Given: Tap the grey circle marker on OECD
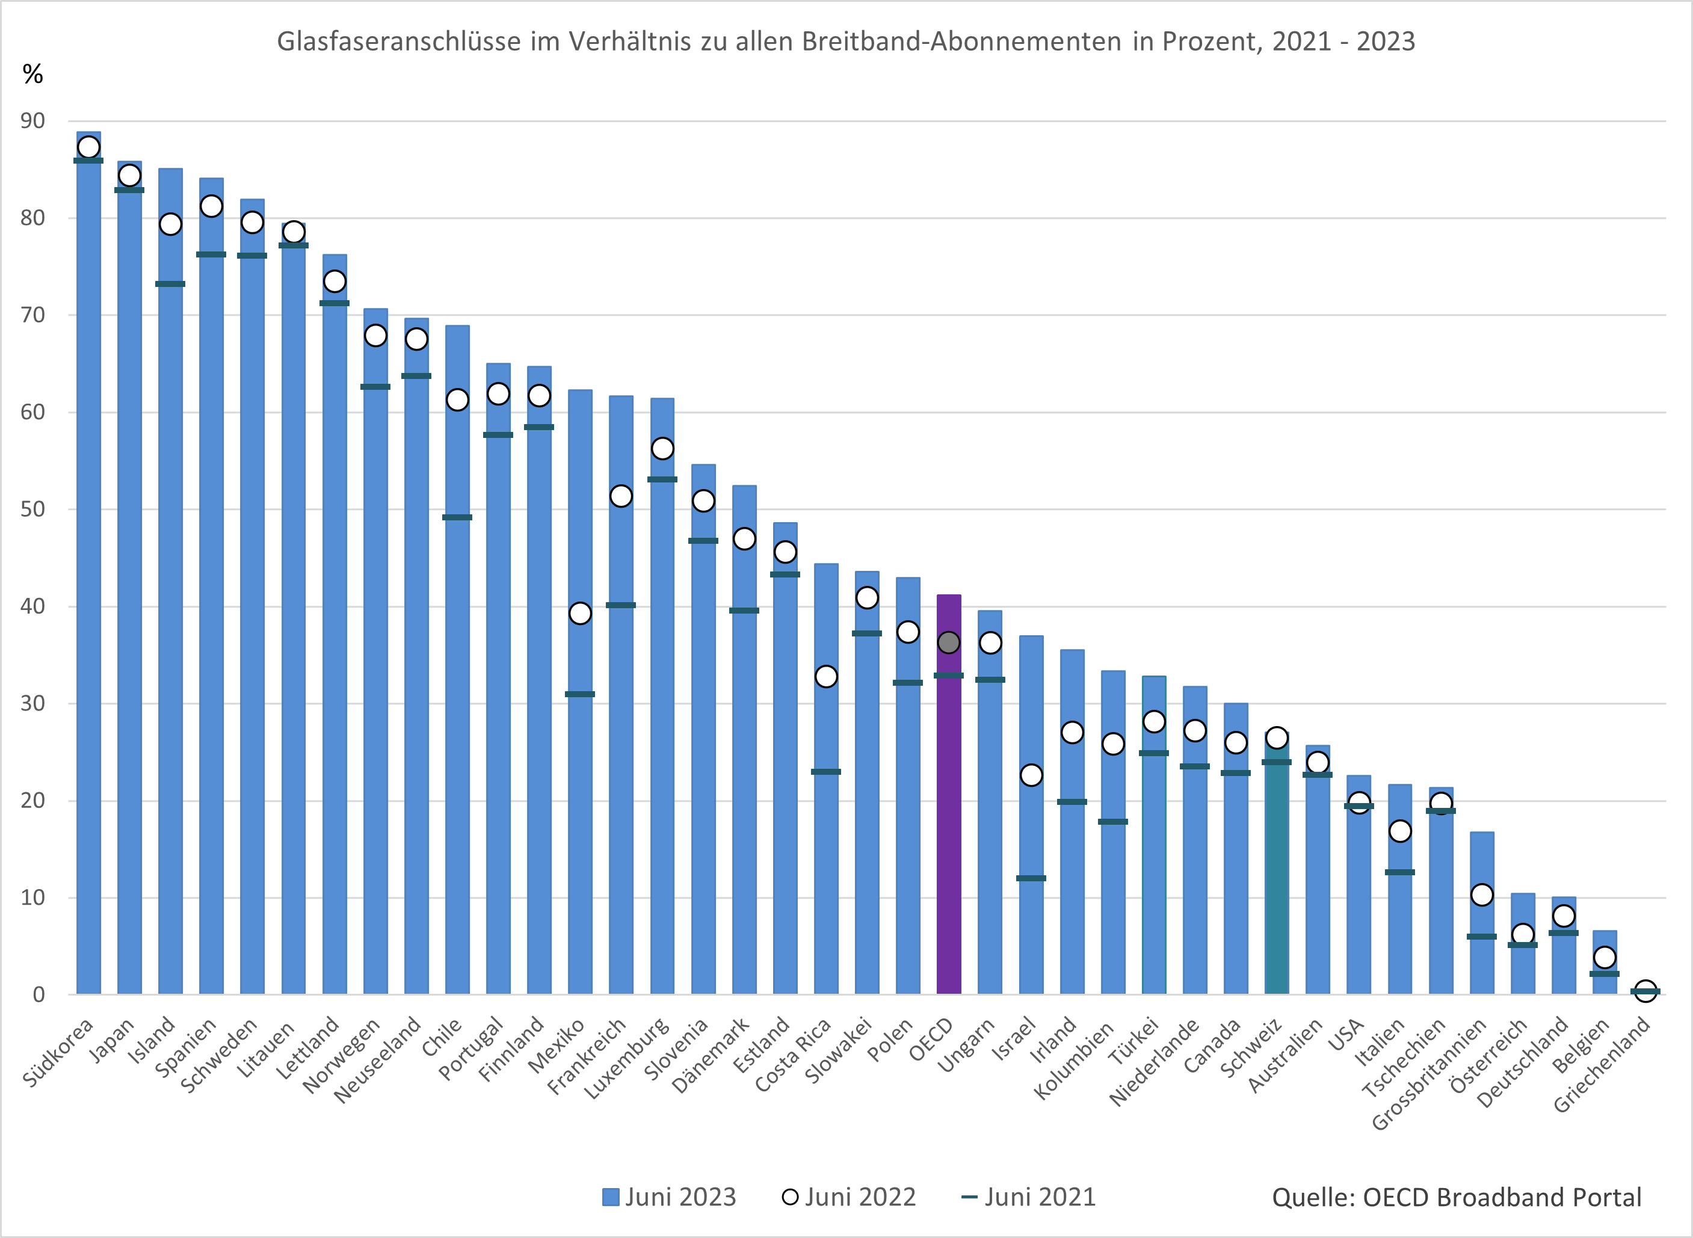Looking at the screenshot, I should pos(949,642).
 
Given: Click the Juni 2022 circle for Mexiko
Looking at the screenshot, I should pos(580,613).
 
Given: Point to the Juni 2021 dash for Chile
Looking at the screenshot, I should pos(457,517).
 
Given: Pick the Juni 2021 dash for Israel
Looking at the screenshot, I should pos(1031,878).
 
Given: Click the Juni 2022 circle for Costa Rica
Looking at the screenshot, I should pos(826,677).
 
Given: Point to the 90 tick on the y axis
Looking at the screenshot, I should pos(33,121).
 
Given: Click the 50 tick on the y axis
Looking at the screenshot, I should pos(33,509).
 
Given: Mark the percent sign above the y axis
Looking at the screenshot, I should pos(33,74).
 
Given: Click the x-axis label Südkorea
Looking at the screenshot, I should pos(58,1052).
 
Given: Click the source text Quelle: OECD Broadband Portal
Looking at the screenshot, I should pos(1456,1196).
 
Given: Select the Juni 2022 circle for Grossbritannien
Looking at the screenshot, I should pos(1482,895).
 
